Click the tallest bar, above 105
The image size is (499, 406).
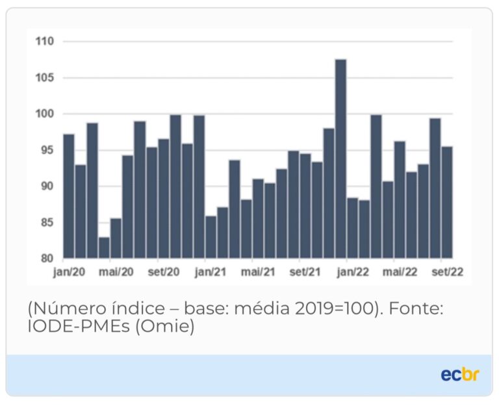[x=340, y=159]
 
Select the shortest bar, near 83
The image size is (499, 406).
[x=104, y=247]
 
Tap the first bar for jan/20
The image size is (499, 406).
[x=69, y=196]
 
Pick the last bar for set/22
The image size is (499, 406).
[x=447, y=202]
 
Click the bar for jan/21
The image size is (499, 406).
[x=211, y=236]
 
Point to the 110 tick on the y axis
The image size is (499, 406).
[x=45, y=42]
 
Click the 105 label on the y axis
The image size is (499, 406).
[x=45, y=78]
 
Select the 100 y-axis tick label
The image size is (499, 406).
[x=45, y=114]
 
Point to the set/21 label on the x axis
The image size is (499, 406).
[x=305, y=272]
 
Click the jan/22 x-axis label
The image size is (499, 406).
[x=353, y=272]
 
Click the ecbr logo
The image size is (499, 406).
[x=459, y=375]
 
